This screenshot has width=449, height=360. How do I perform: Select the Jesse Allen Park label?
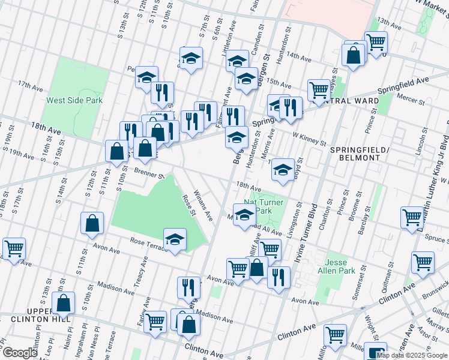[x=340, y=267]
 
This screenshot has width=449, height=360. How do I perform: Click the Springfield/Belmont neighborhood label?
[x=354, y=152]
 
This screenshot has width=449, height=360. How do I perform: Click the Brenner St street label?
[x=149, y=174]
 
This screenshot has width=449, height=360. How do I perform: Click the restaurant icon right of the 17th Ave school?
[x=162, y=92]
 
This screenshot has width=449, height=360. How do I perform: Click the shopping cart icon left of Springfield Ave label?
[x=319, y=89]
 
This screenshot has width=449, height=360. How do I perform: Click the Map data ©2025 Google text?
[x=411, y=355]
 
